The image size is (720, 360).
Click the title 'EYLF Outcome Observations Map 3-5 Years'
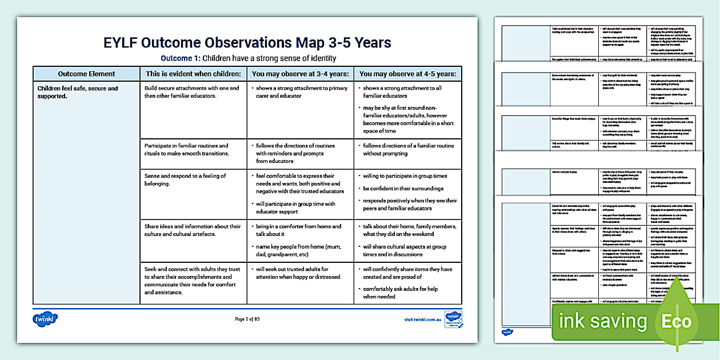pos(247,43)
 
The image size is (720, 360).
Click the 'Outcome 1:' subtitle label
pos(181,58)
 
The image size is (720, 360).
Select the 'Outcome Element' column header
pos(86,74)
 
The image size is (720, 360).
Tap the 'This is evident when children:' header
pos(193,74)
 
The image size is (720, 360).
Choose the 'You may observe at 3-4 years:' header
pos(300,74)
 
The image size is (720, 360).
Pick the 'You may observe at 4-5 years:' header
pos(407,74)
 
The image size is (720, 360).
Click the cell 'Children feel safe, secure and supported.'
pos(78,93)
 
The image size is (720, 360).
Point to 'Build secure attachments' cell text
pos(191,93)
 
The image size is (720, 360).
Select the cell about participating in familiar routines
pos(186,150)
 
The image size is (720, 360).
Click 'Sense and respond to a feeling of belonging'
pos(185,179)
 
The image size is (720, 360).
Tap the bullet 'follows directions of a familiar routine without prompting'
pos(408,150)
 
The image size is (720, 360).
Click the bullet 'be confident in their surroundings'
pos(403,189)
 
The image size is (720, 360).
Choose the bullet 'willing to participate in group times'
pos(405,176)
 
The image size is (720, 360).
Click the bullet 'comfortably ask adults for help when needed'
pos(407,293)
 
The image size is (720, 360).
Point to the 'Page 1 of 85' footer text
pos(247,319)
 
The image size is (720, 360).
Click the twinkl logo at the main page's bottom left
pos(45,319)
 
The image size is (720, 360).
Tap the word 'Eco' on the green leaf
pos(676,322)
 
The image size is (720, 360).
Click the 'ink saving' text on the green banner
pos(602,322)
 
